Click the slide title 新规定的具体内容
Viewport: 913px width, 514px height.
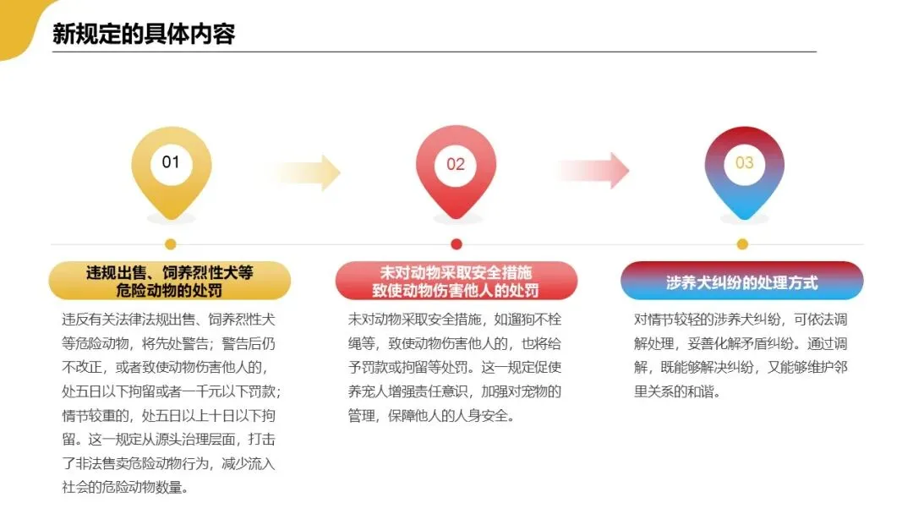point(144,34)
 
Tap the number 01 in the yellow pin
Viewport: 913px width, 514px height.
point(171,161)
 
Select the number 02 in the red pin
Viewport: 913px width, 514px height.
point(456,164)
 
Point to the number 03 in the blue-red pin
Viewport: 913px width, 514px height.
point(744,162)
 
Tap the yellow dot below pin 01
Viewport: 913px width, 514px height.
point(171,244)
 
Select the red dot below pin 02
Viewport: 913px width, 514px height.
point(456,244)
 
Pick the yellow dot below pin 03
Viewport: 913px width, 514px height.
point(742,244)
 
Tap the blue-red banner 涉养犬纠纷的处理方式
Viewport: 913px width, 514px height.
point(741,282)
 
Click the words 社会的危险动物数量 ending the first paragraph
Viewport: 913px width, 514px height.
point(125,488)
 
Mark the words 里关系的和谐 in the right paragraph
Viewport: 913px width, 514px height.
point(676,392)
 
